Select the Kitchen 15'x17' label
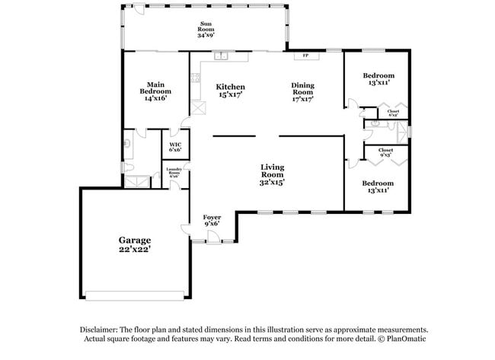[230, 91]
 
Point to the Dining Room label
[302, 91]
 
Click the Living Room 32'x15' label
[272, 174]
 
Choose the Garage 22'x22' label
[134, 244]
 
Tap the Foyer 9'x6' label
[212, 221]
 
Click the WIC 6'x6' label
[175, 146]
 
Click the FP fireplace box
[305, 56]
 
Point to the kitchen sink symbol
[222, 56]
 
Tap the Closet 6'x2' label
[393, 113]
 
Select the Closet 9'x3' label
[386, 153]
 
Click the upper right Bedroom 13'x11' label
[378, 78]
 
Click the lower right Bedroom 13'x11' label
[378, 186]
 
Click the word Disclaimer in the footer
[101, 330]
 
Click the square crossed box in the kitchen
[198, 107]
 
